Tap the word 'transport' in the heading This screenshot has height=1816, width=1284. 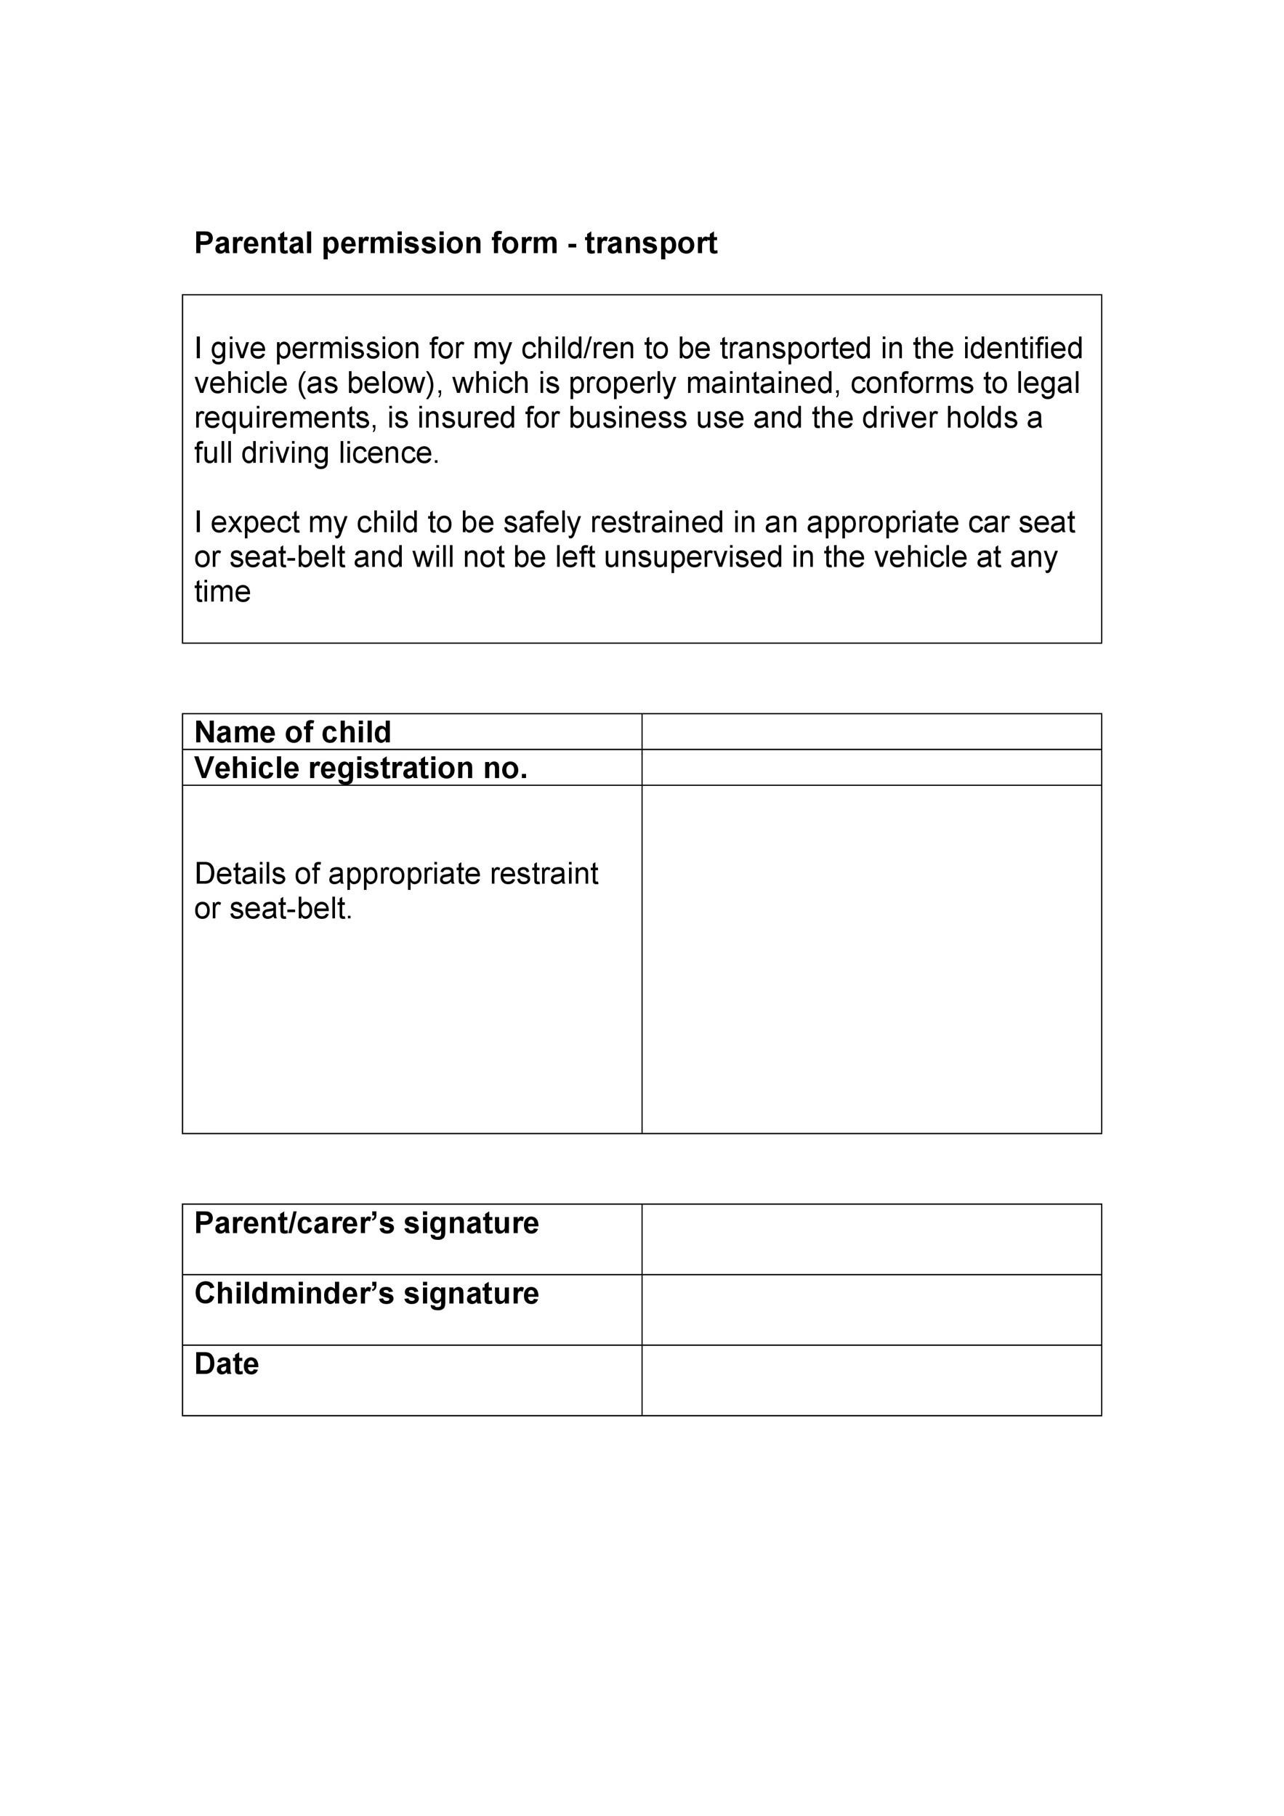point(650,243)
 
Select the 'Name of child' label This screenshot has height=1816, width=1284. point(292,731)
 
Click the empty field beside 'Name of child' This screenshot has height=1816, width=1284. point(871,731)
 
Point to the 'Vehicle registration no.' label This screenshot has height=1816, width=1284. point(360,767)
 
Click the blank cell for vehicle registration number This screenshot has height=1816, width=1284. point(871,767)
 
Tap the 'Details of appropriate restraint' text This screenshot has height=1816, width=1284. point(395,874)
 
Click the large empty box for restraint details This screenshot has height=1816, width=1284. point(871,959)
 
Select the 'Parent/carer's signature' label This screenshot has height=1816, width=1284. point(366,1223)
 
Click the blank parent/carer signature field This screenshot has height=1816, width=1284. point(871,1239)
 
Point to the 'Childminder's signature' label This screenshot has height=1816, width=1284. point(366,1293)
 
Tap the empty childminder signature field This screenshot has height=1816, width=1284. point(871,1309)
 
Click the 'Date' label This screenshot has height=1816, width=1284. point(226,1363)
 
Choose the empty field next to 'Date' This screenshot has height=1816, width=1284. point(871,1379)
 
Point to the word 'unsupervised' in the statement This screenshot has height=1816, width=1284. point(693,557)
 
